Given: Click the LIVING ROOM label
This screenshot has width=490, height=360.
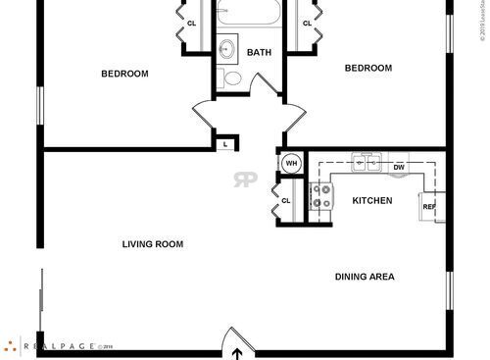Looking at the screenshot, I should point(152,244).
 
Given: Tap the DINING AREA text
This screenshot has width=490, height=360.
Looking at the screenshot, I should point(365,277).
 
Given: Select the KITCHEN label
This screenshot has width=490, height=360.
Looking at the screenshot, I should point(372,201).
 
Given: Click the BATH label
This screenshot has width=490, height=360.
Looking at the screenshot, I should point(259,53).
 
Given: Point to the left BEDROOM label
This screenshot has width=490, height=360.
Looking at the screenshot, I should point(124,74).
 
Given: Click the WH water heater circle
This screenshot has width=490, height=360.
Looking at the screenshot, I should point(291,163).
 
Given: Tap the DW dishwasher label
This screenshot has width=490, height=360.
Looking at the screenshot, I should point(399,168).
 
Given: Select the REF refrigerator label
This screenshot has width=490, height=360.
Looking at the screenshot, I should point(428,207).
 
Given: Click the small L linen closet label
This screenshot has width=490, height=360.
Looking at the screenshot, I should point(225,145).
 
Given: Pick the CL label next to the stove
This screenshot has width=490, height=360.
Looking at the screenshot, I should point(286,201).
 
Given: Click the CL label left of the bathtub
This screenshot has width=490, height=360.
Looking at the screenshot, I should point(191,24).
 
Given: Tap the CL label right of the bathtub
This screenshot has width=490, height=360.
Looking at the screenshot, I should point(307,24).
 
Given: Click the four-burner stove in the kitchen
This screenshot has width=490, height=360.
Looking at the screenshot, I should point(319,196).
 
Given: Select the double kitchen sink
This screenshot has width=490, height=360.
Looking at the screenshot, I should point(367,163).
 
